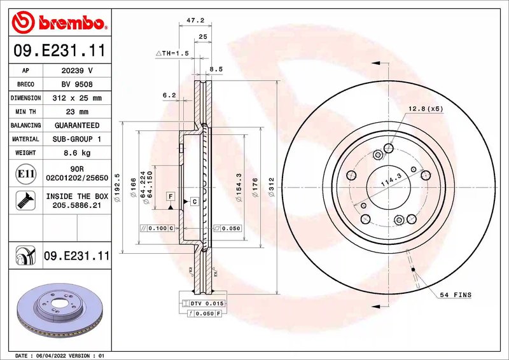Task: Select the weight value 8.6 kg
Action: click(x=77, y=153)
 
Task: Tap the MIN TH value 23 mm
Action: click(x=77, y=111)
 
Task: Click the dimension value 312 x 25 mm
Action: click(x=77, y=98)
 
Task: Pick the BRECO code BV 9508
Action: click(x=77, y=84)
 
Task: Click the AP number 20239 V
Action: click(x=77, y=71)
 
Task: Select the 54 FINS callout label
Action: click(x=455, y=295)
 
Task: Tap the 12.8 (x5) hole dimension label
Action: click(x=425, y=109)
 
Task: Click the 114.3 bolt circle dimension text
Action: click(x=387, y=183)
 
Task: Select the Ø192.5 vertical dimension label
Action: click(x=117, y=188)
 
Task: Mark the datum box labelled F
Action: click(x=171, y=197)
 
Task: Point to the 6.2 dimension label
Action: click(x=169, y=95)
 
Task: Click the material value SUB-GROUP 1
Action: click(x=77, y=139)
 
